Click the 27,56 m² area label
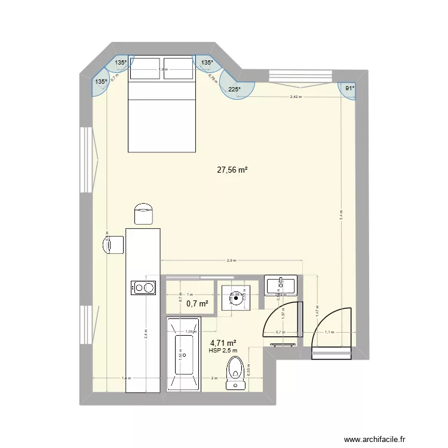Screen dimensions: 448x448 (232, 170)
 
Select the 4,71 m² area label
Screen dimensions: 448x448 (223, 343)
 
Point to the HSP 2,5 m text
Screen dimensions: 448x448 (223, 351)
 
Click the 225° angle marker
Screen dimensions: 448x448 (234, 90)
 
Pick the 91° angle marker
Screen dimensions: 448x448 (349, 88)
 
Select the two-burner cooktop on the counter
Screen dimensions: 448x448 (143, 288)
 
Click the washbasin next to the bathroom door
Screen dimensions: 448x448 (280, 284)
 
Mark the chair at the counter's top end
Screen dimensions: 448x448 (143, 214)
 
